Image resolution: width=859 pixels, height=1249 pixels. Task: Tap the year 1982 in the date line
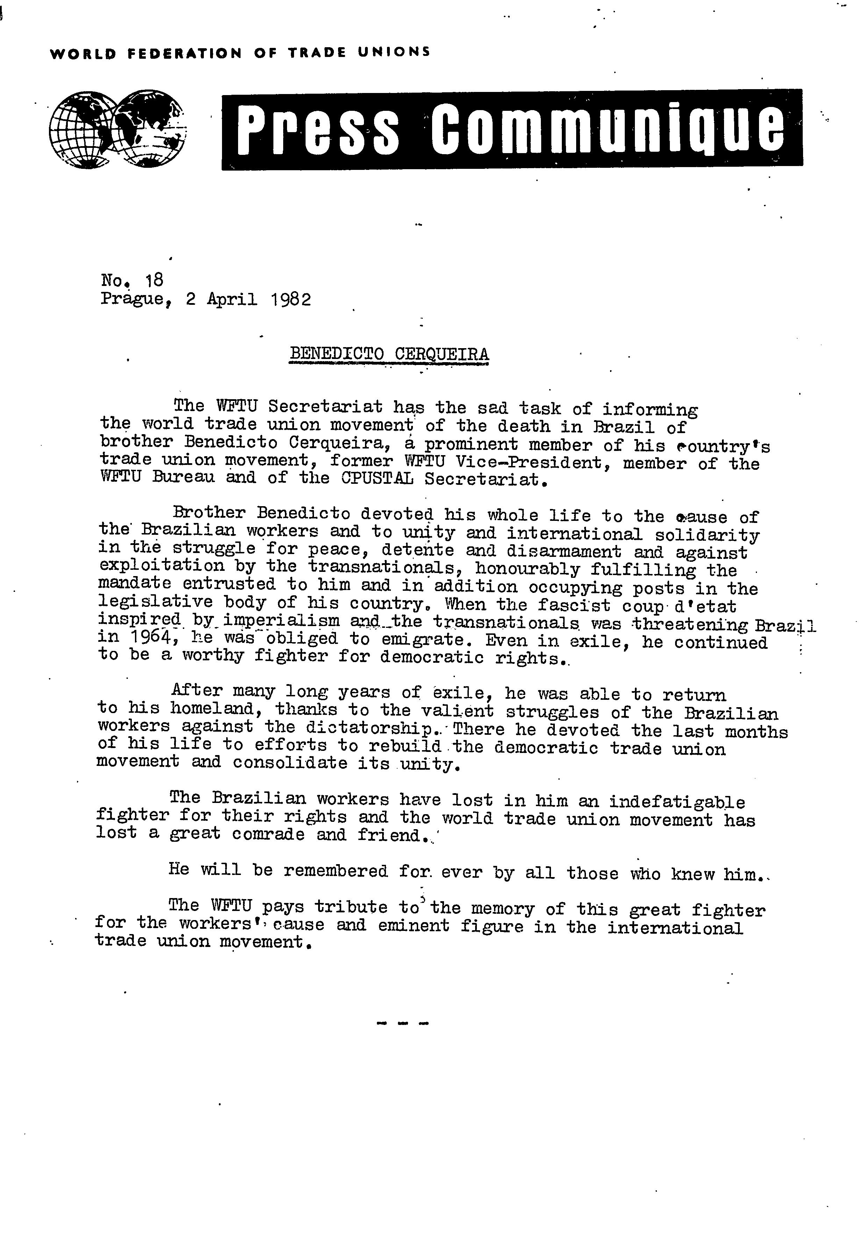point(291,299)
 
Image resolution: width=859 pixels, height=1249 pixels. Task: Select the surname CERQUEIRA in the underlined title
point(441,354)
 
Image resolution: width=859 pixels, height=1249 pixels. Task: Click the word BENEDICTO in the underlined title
point(336,354)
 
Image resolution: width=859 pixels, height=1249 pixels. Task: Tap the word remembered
point(335,871)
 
